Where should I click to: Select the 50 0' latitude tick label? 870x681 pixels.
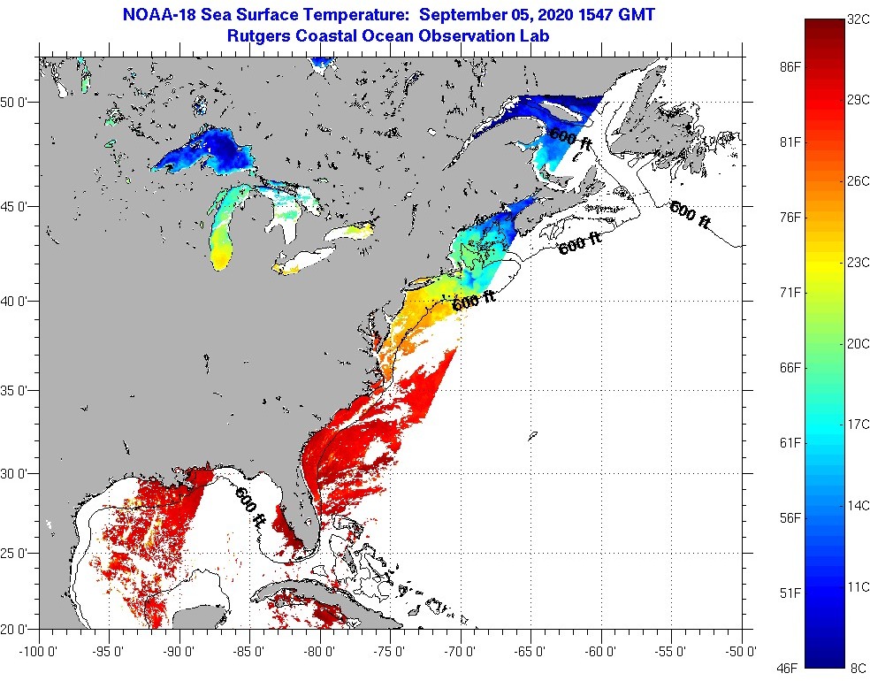(x=17, y=103)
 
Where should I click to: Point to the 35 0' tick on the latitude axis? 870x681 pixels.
(x=17, y=390)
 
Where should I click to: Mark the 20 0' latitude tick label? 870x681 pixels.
(x=17, y=630)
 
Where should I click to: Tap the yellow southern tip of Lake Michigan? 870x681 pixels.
(x=222, y=257)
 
